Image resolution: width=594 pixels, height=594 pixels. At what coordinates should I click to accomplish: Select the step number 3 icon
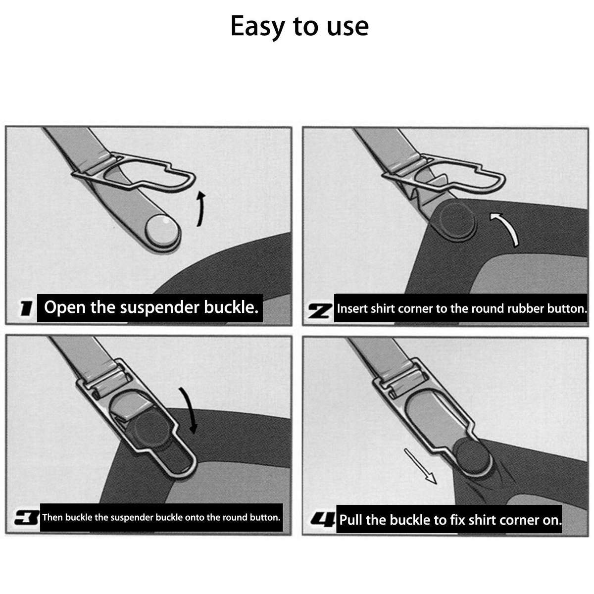pyautogui.click(x=27, y=518)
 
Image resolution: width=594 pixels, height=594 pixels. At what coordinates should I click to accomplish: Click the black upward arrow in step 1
pyautogui.click(x=201, y=209)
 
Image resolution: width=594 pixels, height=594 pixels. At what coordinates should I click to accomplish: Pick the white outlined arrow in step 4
pyautogui.click(x=420, y=466)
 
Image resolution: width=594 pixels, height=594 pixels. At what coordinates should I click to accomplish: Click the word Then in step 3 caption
pyautogui.click(x=52, y=518)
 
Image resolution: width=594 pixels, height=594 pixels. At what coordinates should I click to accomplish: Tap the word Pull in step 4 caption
pyautogui.click(x=351, y=520)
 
